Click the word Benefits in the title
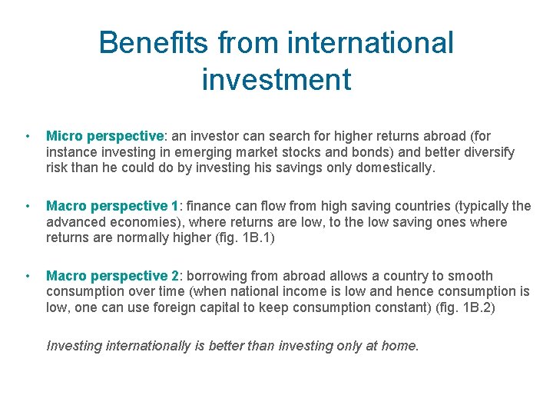pyautogui.click(x=153, y=42)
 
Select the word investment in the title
pyautogui.click(x=276, y=79)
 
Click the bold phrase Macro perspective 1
pyautogui.click(x=112, y=206)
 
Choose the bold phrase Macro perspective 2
pyautogui.click(x=112, y=275)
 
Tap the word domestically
pyautogui.click(x=395, y=168)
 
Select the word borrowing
pyautogui.click(x=220, y=275)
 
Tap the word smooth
pyautogui.click(x=470, y=275)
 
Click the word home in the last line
pyautogui.click(x=399, y=345)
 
